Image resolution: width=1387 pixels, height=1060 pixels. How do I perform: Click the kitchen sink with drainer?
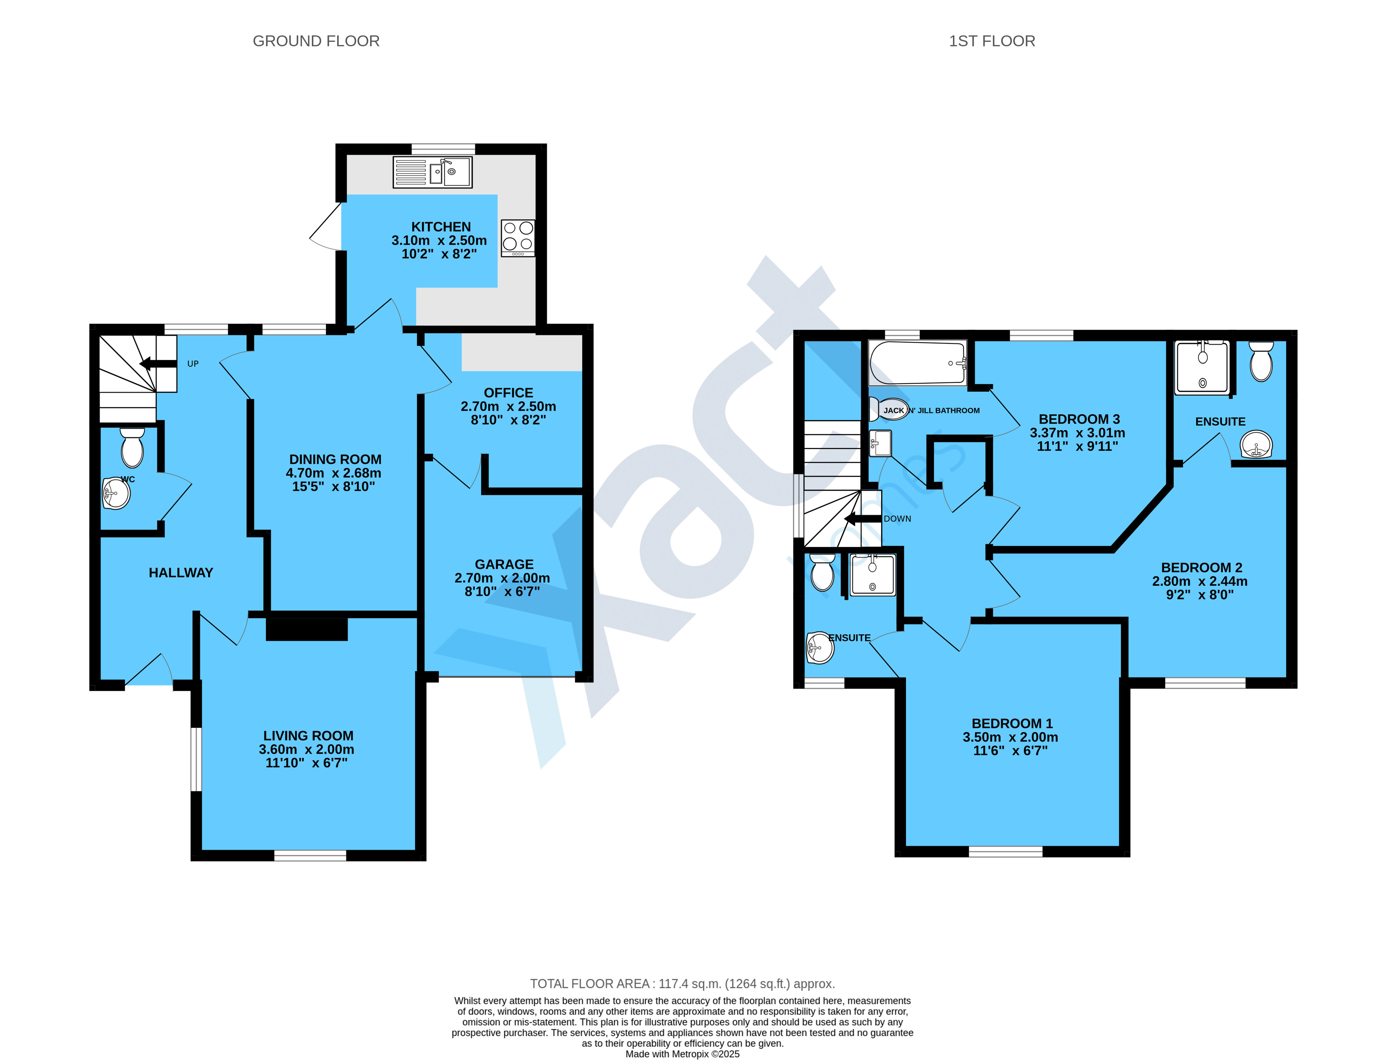pyautogui.click(x=432, y=172)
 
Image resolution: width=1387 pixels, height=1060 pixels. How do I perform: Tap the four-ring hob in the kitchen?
pyautogui.click(x=518, y=238)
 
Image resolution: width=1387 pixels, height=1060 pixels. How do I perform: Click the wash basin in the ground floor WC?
pyautogui.click(x=116, y=493)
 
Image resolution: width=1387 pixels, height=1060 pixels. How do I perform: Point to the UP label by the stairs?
pyautogui.click(x=193, y=364)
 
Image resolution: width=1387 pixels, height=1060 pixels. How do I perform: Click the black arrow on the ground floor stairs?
pyautogui.click(x=158, y=364)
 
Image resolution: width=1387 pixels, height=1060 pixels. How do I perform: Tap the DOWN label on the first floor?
pyautogui.click(x=897, y=519)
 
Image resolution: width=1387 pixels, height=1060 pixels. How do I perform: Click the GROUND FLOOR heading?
pyautogui.click(x=316, y=41)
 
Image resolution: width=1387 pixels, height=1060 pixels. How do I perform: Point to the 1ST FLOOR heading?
pyautogui.click(x=992, y=41)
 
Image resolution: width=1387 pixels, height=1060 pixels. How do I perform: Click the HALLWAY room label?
pyautogui.click(x=181, y=573)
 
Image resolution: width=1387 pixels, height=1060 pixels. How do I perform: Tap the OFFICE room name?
pyautogui.click(x=509, y=392)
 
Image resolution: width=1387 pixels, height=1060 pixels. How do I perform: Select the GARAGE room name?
pyautogui.click(x=504, y=564)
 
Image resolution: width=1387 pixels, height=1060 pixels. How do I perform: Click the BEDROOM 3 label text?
pyautogui.click(x=1079, y=419)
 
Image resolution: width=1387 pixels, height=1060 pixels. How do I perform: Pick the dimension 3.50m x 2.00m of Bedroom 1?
pyautogui.click(x=1010, y=737)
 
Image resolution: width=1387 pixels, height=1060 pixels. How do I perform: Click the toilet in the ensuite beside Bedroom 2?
pyautogui.click(x=1261, y=362)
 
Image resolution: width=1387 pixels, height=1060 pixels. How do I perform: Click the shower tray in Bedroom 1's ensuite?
pyautogui.click(x=873, y=575)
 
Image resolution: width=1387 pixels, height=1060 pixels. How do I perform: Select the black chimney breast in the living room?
pyautogui.click(x=307, y=629)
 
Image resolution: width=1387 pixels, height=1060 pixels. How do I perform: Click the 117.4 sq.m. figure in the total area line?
pyautogui.click(x=690, y=984)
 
